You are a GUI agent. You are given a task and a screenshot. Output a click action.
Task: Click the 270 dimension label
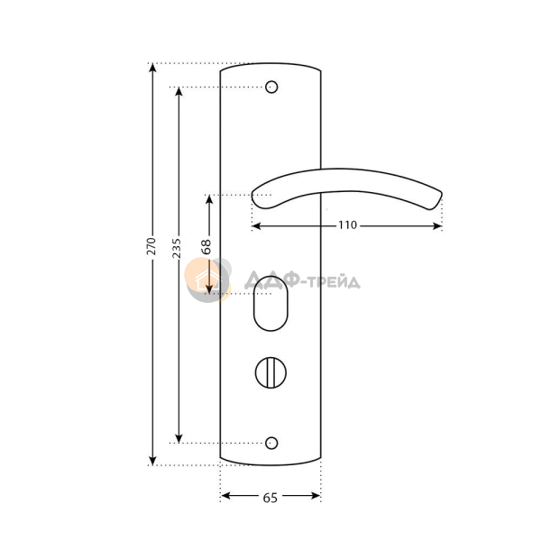pos(151,246)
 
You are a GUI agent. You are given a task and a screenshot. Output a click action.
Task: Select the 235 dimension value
pos(177,248)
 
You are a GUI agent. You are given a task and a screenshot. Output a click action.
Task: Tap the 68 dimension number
pos(206,247)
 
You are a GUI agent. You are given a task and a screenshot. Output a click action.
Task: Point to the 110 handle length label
pos(347,225)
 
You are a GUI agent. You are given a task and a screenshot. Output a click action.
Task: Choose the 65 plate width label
pos(270,498)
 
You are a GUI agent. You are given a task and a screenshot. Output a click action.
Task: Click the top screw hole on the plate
pos(271,87)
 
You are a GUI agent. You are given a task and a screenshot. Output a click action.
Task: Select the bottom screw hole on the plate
pos(271,443)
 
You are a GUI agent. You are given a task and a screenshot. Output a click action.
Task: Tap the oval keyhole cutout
pos(270,304)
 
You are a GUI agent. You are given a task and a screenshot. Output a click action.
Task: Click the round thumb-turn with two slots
pos(270,373)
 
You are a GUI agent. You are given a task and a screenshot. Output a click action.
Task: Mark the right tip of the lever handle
pos(442,193)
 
